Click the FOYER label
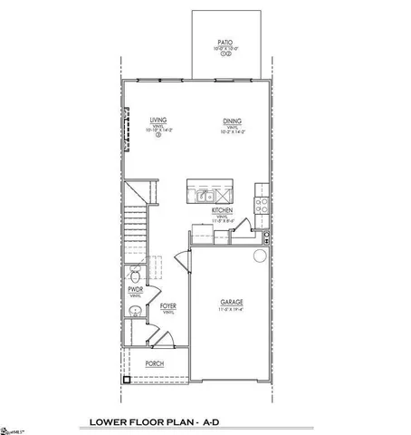tap(167, 306)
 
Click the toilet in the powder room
tap(135, 275)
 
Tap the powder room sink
tap(134, 314)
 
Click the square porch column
tap(126, 381)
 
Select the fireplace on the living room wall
tap(127, 133)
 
